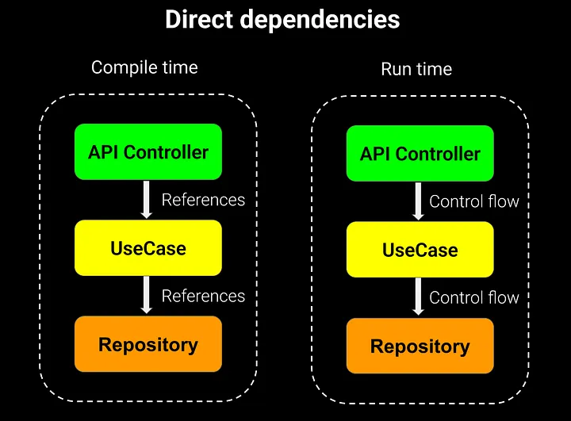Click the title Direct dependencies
(x=282, y=20)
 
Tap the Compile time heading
(x=144, y=67)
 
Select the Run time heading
(x=417, y=69)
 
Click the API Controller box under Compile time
(x=148, y=151)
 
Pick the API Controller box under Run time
(x=420, y=153)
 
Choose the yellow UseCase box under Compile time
(x=148, y=248)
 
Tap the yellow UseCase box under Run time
(x=420, y=250)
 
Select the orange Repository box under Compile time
(x=148, y=344)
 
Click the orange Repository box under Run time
(x=420, y=346)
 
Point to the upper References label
(x=203, y=200)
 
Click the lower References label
(x=203, y=296)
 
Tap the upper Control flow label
(x=474, y=201)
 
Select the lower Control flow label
(x=474, y=297)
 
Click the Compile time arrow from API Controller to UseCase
(x=147, y=199)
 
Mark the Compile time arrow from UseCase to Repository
(x=147, y=295)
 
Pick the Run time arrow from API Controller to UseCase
(x=419, y=201)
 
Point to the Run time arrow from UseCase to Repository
(x=419, y=297)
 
